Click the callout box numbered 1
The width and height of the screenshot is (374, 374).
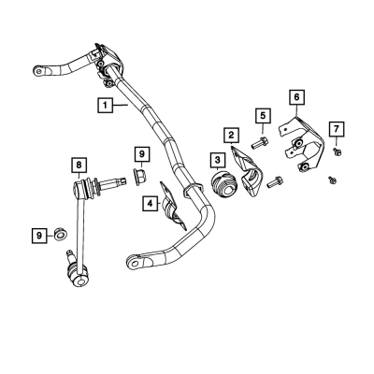click(x=105, y=105)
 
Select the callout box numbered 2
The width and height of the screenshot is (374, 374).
click(x=231, y=136)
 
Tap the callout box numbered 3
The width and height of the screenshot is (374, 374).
click(x=217, y=160)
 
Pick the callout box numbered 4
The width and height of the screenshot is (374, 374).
click(x=151, y=204)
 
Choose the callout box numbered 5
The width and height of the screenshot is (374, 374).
click(x=264, y=116)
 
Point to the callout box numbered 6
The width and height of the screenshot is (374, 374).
click(x=296, y=97)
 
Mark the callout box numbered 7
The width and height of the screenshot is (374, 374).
click(x=337, y=129)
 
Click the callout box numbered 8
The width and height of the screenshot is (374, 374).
click(x=79, y=165)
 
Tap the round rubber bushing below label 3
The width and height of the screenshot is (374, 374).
click(x=224, y=184)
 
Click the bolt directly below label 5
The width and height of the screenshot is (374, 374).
click(x=260, y=142)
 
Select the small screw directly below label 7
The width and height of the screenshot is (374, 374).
click(x=337, y=151)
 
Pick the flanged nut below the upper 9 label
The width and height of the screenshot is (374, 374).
click(x=140, y=177)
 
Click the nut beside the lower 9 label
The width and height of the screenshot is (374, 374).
click(x=59, y=234)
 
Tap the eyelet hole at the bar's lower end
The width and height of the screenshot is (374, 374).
click(x=135, y=264)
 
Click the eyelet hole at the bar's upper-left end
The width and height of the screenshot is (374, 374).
click(x=38, y=71)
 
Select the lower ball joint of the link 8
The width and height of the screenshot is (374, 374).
click(x=78, y=275)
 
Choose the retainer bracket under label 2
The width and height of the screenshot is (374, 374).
click(x=247, y=172)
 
